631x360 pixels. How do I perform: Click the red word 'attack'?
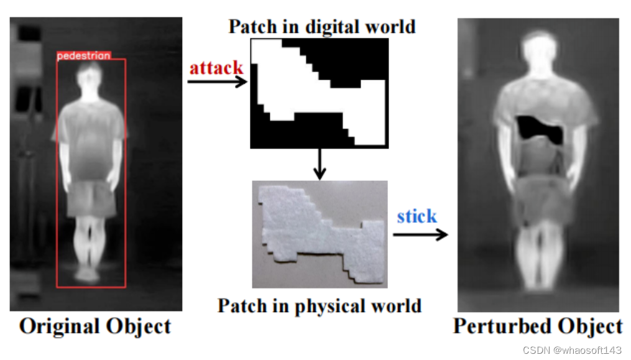coord(216,67)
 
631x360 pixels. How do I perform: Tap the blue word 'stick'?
coord(417,216)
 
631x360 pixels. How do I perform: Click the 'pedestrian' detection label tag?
coord(84,56)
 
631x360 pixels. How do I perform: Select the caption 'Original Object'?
coord(95,326)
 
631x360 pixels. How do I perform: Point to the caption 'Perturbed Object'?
coord(537,326)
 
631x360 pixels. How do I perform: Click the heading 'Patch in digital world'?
coord(321,27)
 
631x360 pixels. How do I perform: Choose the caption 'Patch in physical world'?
coord(320,306)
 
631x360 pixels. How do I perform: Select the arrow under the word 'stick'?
coord(420,234)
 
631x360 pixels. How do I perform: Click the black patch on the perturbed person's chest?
coord(540,129)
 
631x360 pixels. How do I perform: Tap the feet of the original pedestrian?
coord(89,274)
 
